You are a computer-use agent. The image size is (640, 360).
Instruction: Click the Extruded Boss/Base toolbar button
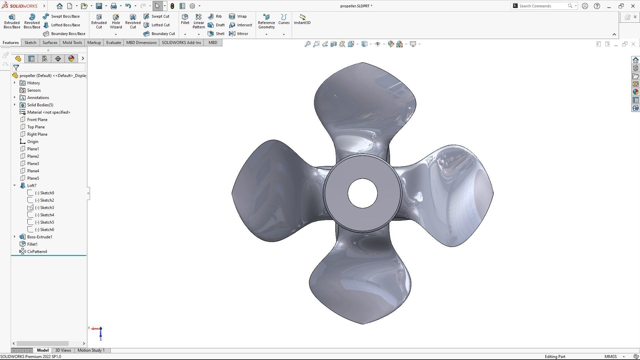click(x=12, y=21)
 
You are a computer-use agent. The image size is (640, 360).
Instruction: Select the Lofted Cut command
click(x=157, y=25)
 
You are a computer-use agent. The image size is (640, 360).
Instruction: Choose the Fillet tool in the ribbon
click(x=185, y=19)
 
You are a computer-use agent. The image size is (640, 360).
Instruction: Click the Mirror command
click(x=239, y=34)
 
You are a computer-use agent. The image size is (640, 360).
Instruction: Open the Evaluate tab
click(x=113, y=43)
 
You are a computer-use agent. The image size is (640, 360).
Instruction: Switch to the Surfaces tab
click(x=50, y=43)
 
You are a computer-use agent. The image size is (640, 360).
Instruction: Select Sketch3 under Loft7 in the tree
click(x=47, y=208)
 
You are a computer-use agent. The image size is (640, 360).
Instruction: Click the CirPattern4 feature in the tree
click(x=37, y=252)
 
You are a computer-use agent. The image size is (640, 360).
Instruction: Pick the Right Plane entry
click(x=37, y=134)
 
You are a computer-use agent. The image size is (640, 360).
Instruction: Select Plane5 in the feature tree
click(x=33, y=178)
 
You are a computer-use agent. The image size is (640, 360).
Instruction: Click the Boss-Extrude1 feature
click(x=39, y=237)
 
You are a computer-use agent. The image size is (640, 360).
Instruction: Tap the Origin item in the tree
click(x=33, y=142)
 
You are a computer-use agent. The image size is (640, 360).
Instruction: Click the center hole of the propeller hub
click(x=362, y=193)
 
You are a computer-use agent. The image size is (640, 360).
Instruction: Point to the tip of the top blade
click(x=363, y=63)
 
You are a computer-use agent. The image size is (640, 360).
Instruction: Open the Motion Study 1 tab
click(x=91, y=350)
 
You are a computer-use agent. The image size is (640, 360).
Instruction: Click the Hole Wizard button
click(x=116, y=21)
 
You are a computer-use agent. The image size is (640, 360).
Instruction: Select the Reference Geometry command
click(x=266, y=21)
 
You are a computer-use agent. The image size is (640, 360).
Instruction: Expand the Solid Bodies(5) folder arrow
click(x=15, y=105)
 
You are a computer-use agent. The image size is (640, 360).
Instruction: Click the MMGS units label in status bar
click(x=610, y=357)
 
